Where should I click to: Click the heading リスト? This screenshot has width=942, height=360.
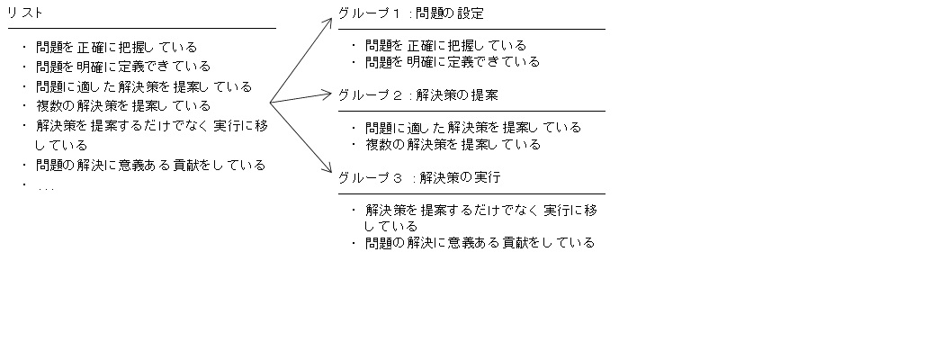[x=24, y=13]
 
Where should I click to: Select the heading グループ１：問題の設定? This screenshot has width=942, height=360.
[x=411, y=13]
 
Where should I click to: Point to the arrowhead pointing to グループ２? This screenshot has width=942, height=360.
[x=327, y=94]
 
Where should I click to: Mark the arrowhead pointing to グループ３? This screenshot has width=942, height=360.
[x=328, y=169]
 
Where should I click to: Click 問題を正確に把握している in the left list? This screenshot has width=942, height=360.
[x=117, y=47]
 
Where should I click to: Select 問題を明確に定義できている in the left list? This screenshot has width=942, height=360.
[x=123, y=66]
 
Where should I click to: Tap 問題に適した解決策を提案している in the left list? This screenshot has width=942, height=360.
[x=144, y=86]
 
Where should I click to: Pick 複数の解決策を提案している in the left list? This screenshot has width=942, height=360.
[x=123, y=106]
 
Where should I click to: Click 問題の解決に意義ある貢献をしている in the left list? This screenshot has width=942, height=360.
[x=151, y=165]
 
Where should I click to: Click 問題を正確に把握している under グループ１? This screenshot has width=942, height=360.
[x=445, y=45]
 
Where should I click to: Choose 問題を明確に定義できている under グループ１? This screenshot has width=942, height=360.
[x=453, y=61]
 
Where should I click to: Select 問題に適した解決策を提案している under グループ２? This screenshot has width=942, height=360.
[x=473, y=128]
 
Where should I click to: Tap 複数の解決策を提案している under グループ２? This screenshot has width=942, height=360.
[x=453, y=144]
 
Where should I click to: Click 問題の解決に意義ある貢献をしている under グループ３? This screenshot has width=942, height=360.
[x=480, y=242]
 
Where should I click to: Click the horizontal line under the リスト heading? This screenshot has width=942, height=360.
[x=142, y=28]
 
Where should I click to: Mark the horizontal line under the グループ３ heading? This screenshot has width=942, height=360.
[x=471, y=193]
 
